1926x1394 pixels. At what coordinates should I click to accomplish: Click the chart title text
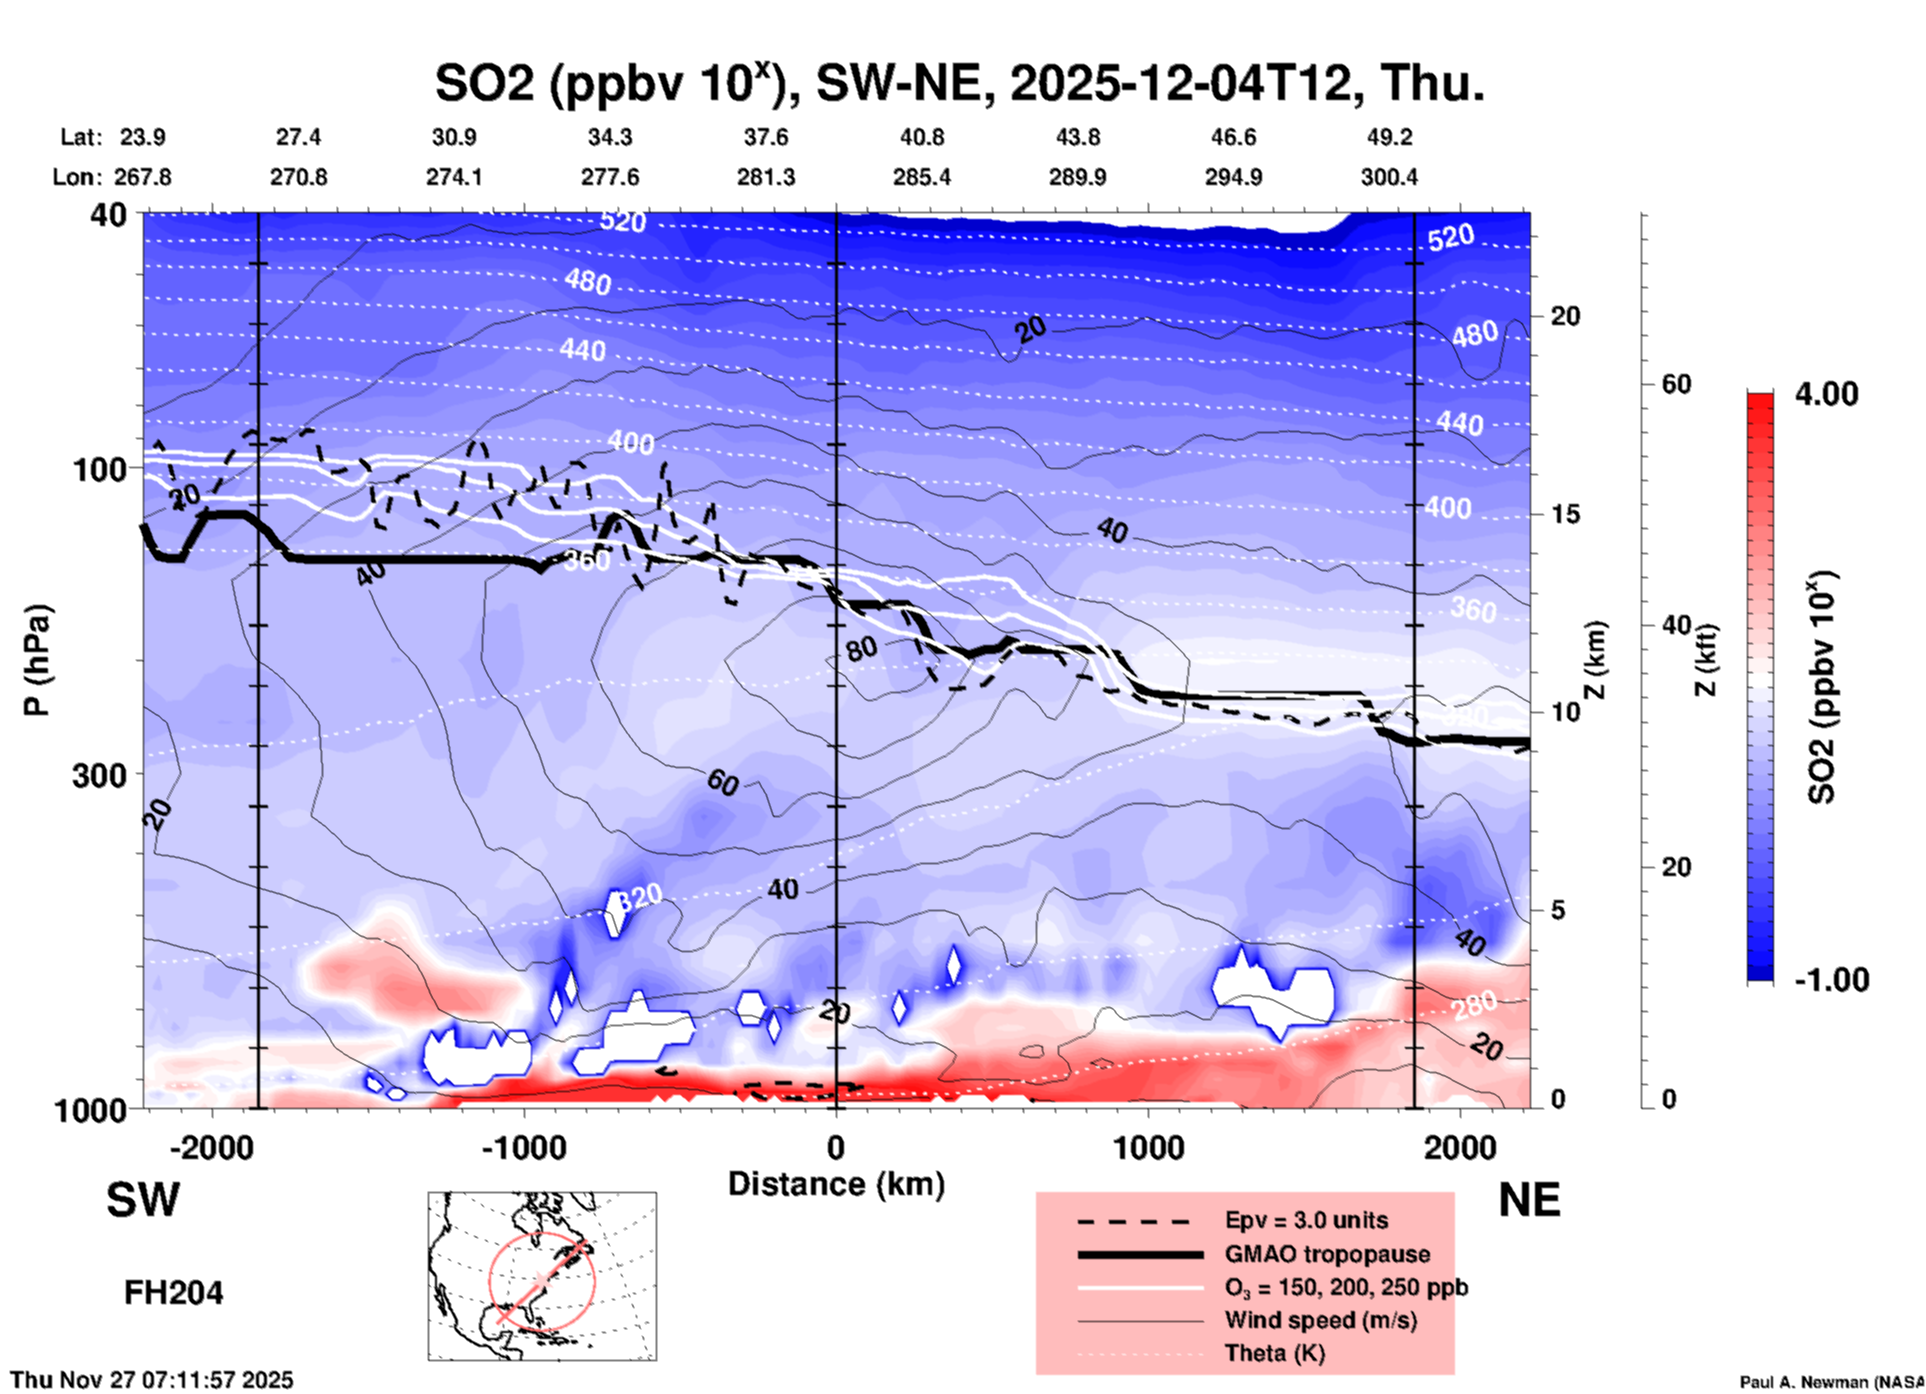tap(959, 84)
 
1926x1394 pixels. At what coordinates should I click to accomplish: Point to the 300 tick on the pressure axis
tap(99, 775)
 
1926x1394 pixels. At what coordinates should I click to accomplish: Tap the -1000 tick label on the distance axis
tap(523, 1147)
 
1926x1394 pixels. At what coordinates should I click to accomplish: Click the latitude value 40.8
tap(921, 137)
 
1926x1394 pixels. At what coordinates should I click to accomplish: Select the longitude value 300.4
tap(1388, 177)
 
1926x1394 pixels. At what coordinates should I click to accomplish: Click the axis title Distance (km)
tap(836, 1184)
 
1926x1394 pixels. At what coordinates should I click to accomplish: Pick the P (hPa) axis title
tap(37, 660)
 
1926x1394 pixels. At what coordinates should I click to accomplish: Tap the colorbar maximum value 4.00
tap(1826, 394)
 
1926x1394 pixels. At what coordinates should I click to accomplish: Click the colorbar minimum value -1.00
tap(1831, 979)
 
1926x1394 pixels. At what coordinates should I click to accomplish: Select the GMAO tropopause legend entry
tap(1327, 1254)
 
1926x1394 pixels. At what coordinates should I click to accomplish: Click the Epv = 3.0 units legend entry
tap(1306, 1220)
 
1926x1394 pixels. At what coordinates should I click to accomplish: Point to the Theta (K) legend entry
tap(1274, 1353)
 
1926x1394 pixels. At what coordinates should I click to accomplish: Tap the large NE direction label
tap(1529, 1200)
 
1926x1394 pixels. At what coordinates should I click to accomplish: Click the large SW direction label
tap(143, 1200)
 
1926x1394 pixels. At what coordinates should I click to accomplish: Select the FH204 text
tap(173, 1293)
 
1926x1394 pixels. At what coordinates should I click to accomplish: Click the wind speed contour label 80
tap(861, 649)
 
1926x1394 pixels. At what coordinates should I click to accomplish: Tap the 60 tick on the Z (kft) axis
tap(1676, 384)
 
